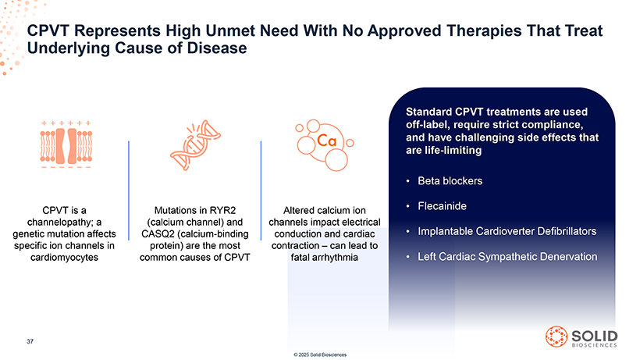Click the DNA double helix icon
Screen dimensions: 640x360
[x=195, y=145]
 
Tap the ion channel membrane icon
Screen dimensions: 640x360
[x=66, y=145]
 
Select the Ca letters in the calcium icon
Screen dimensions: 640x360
[x=326, y=141]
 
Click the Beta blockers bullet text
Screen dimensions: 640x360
[x=450, y=181]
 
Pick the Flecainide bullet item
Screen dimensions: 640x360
[x=442, y=206]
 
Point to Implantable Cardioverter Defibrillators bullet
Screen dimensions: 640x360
[x=507, y=231]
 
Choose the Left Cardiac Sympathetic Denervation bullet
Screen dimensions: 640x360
[x=507, y=257]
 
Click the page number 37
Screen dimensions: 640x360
[x=30, y=341]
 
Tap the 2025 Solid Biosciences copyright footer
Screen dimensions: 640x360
[x=320, y=355]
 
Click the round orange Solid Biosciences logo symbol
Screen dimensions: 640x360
[x=556, y=337]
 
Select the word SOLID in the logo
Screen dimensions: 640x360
[x=595, y=336]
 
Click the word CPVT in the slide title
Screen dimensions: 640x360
[x=48, y=30]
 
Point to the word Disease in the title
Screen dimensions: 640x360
[x=217, y=48]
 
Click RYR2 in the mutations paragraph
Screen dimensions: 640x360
[x=223, y=211]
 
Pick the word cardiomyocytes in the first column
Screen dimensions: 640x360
[x=65, y=258]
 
